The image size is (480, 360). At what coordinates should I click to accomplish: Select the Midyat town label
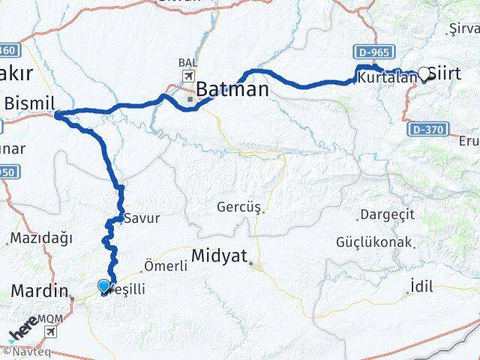click(x=219, y=256)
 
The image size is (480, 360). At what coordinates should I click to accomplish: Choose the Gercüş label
click(x=238, y=206)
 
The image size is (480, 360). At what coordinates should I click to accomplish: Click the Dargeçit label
click(x=387, y=215)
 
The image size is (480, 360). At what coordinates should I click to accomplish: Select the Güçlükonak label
click(x=373, y=242)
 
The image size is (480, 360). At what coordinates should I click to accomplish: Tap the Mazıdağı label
click(x=41, y=238)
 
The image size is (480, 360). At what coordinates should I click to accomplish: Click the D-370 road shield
click(x=425, y=129)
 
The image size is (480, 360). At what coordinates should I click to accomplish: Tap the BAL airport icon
click(x=187, y=76)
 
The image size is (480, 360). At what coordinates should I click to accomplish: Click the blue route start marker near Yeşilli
click(x=103, y=285)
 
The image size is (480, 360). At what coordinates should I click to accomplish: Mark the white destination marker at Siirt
click(x=424, y=73)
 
